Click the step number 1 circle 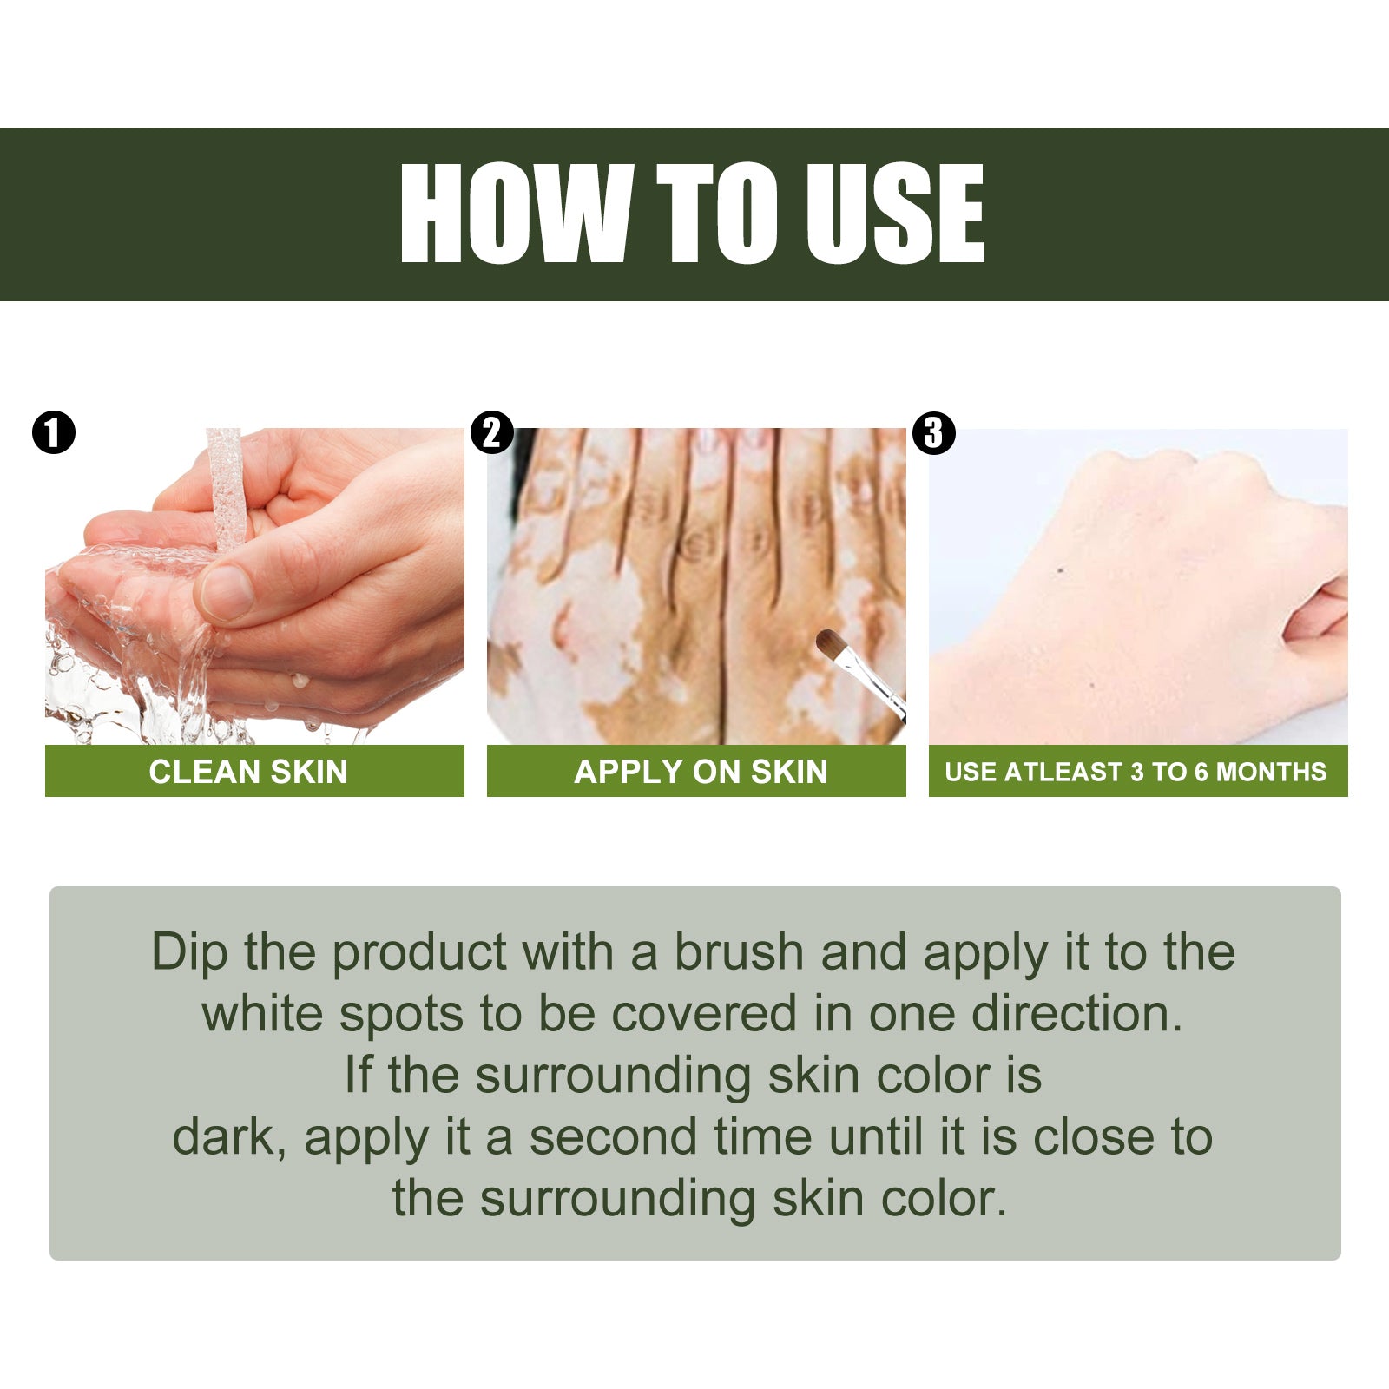[54, 432]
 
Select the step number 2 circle [492, 432]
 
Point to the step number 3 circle [934, 432]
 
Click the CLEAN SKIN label [248, 772]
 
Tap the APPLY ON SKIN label [701, 772]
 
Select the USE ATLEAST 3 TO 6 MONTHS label [1136, 772]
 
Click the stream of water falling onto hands [224, 486]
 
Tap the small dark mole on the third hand [1061, 570]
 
